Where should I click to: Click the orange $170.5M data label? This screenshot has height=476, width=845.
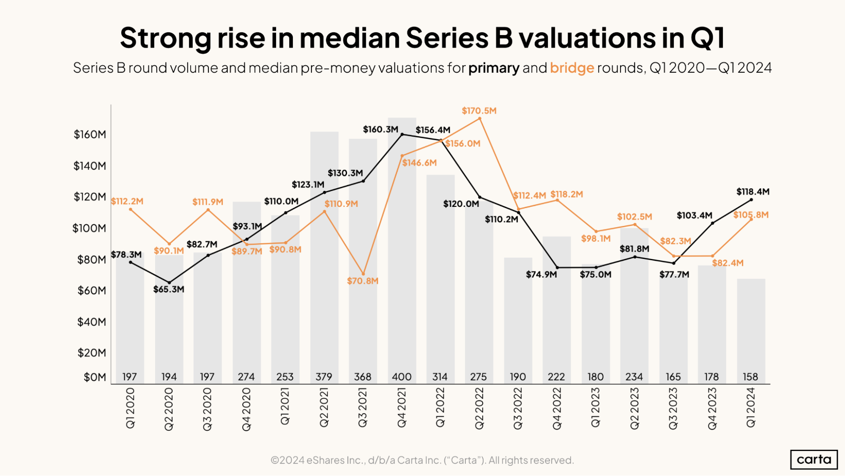click(479, 111)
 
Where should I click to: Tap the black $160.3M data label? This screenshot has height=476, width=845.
click(380, 129)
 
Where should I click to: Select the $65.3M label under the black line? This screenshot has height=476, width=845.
click(169, 289)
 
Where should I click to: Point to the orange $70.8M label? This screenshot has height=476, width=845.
click(363, 281)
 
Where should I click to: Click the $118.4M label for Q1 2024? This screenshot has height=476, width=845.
click(753, 192)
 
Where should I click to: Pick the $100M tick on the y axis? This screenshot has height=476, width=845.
click(89, 228)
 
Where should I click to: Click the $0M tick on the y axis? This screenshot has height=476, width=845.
click(95, 377)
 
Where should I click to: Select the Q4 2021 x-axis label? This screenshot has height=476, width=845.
click(402, 408)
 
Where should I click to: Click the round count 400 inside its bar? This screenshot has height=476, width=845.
click(402, 377)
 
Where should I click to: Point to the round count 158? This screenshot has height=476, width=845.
click(750, 377)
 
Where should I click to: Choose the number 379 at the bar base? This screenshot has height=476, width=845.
click(324, 377)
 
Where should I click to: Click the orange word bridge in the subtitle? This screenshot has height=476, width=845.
click(572, 68)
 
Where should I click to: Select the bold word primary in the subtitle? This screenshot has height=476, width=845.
click(494, 68)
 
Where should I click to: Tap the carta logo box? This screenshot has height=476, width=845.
click(814, 459)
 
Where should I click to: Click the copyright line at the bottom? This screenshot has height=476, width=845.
click(422, 460)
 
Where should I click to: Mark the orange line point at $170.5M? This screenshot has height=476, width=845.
click(479, 118)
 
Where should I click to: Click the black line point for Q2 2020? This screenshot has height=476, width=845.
click(169, 283)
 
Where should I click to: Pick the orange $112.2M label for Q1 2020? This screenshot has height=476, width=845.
click(127, 201)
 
